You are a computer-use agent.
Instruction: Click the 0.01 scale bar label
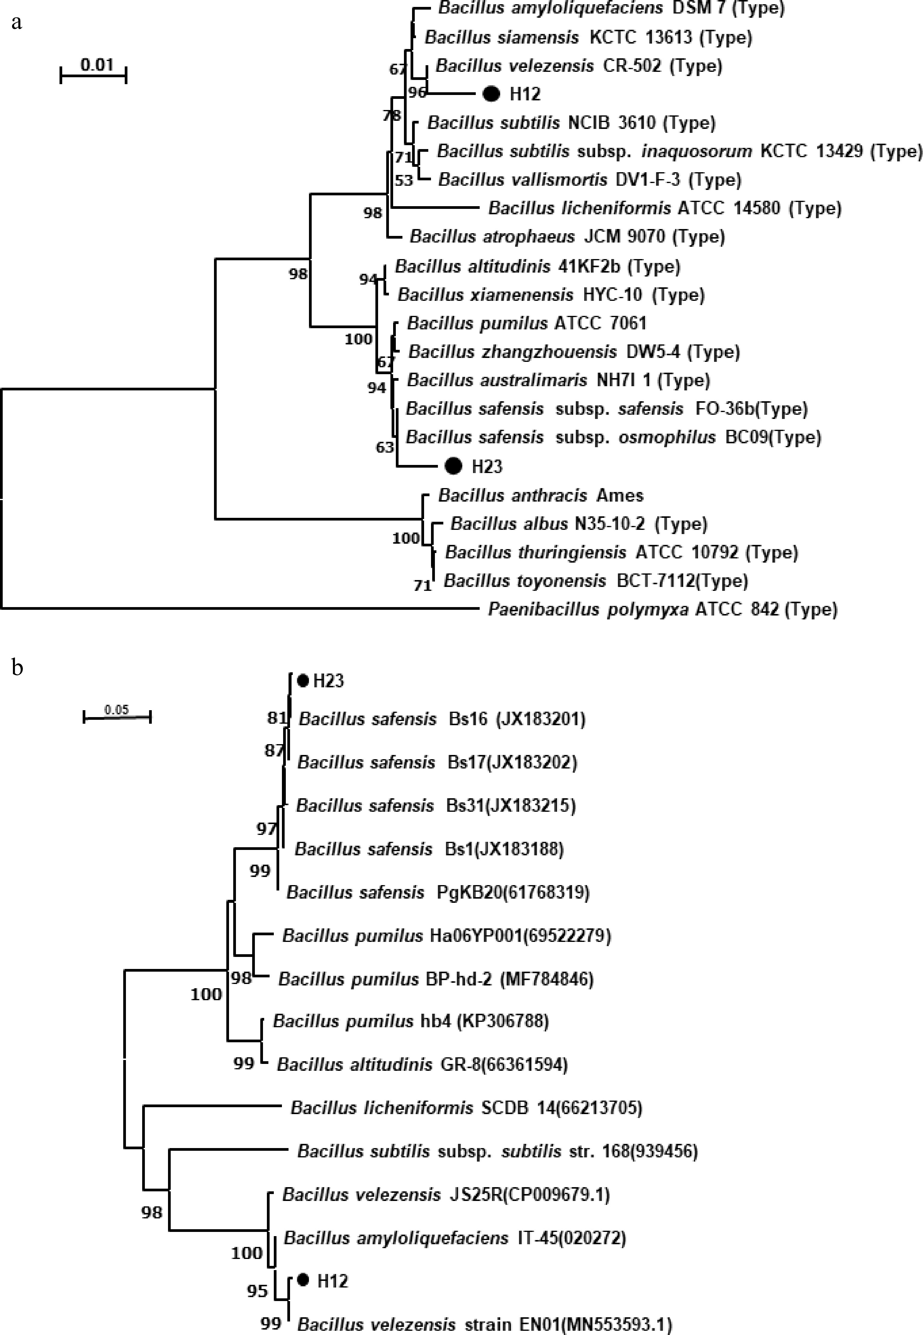96,64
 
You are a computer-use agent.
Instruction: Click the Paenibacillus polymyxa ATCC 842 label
662,609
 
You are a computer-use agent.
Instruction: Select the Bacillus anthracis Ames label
541,495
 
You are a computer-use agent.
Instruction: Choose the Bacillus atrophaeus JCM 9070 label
567,236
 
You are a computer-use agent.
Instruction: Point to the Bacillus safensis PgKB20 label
438,892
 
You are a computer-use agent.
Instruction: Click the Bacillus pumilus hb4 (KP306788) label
411,1021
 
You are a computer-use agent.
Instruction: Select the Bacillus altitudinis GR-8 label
422,1064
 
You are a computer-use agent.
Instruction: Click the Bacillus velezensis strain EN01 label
484,1324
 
